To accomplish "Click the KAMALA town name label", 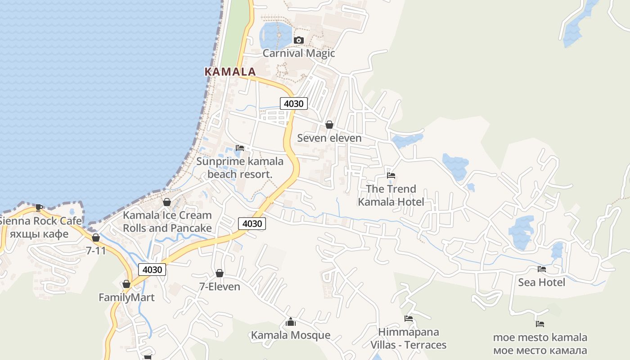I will pos(230,72).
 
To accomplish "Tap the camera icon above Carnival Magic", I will pos(298,40).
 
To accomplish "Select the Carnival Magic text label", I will pos(299,53).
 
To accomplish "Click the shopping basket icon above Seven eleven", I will pos(329,125).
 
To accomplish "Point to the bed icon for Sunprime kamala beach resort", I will pos(240,148).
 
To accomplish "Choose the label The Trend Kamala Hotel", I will pos(391,195).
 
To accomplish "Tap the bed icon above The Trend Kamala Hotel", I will pos(391,175).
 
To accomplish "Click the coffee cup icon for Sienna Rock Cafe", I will pos(39,207).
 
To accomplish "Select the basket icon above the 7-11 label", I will pos(95,238).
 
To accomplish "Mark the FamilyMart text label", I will pos(126,297).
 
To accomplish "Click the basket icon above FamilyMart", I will pos(126,284).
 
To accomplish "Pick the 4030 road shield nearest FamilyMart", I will pos(152,270).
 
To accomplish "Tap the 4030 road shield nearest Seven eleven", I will pos(294,103).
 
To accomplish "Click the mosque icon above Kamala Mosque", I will pos(291,322).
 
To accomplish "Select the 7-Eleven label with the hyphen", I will pos(220,287).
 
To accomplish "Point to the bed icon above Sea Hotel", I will pos(542,269).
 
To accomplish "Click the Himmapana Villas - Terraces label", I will pos(408,338).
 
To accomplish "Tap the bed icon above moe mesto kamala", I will pos(540,324).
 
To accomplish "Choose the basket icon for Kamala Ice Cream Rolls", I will pos(167,202).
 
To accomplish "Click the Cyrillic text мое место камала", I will pos(540,350).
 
